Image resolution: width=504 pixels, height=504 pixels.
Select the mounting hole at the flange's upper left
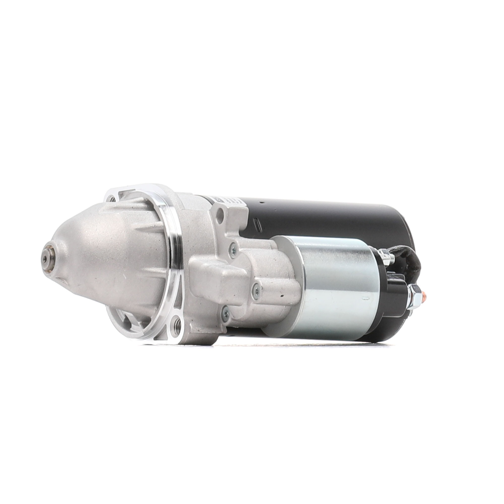112,200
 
